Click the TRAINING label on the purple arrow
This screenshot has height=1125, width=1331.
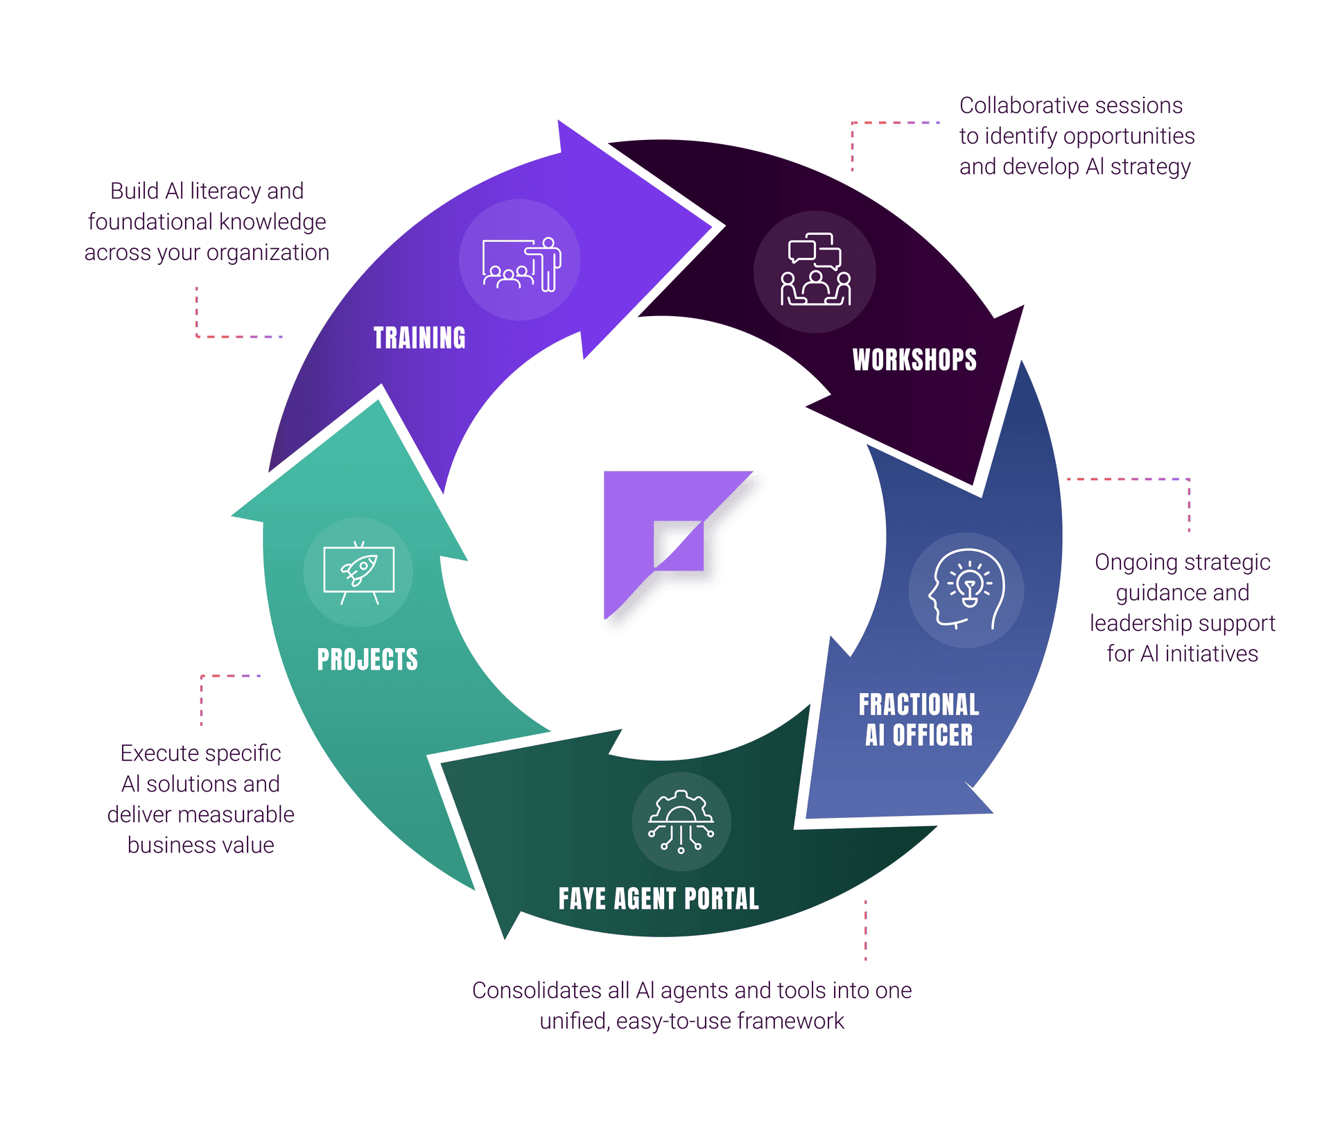[419, 338]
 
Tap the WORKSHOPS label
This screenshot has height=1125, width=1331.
[914, 360]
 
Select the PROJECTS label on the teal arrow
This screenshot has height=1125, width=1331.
[367, 659]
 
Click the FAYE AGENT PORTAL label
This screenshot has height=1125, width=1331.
[659, 899]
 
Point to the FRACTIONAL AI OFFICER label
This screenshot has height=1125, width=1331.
[919, 720]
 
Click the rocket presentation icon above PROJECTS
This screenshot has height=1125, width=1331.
[358, 573]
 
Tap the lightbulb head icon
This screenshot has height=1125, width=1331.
[966, 590]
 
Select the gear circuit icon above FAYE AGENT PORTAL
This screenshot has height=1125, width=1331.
[681, 821]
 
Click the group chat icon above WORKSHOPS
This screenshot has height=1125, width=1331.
[815, 270]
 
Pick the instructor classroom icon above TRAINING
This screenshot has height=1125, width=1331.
[521, 262]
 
